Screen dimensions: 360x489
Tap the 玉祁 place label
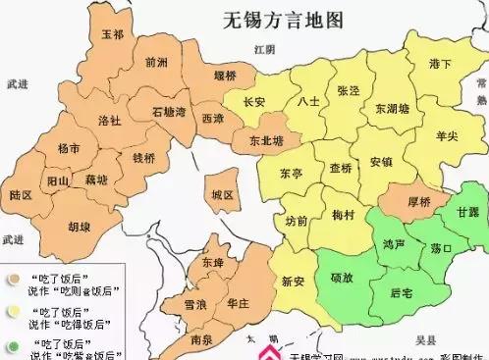pyautogui.click(x=113, y=35)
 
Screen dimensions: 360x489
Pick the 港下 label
pyautogui.click(x=440, y=65)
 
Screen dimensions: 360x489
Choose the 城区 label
pyautogui.click(x=223, y=196)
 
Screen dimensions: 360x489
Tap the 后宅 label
pyautogui.click(x=402, y=293)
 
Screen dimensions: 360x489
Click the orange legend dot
pyautogui.click(x=14, y=278)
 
